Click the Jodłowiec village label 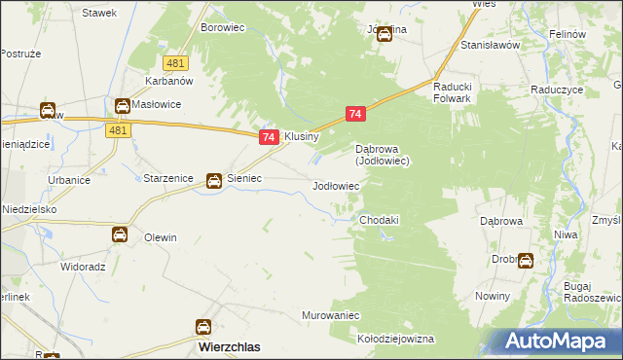click(x=335, y=185)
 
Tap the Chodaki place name click(x=380, y=220)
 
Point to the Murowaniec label click(x=331, y=316)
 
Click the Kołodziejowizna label click(x=395, y=340)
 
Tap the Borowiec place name click(x=221, y=27)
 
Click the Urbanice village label click(x=69, y=181)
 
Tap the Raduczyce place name click(x=557, y=88)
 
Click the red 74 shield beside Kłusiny click(x=270, y=139)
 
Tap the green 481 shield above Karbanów click(x=175, y=63)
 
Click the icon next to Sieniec click(x=213, y=180)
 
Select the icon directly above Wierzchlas click(x=204, y=327)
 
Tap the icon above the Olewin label click(x=119, y=234)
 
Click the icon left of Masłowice click(x=122, y=105)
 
